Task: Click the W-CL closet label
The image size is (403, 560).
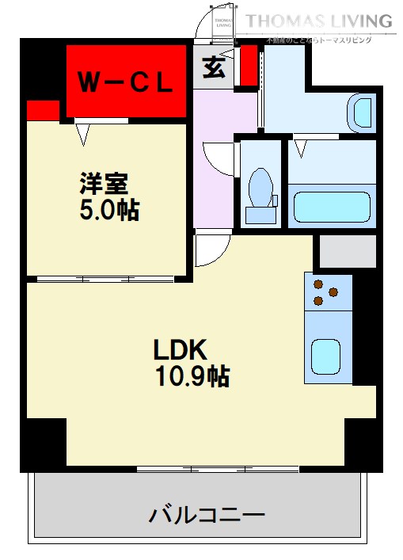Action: (x=125, y=82)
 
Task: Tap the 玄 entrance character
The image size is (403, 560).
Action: (x=213, y=68)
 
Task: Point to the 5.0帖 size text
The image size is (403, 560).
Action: (x=108, y=210)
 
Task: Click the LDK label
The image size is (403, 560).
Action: (x=180, y=349)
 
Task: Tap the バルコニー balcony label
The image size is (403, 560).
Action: (x=207, y=516)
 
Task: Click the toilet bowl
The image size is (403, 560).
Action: (x=259, y=187)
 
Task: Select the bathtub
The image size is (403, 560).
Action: (x=332, y=207)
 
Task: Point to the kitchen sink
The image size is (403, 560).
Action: (x=325, y=356)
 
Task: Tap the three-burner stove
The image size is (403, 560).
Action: (x=328, y=291)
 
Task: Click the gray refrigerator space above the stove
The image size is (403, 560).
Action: (x=347, y=251)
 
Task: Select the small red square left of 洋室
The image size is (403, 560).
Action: (x=42, y=110)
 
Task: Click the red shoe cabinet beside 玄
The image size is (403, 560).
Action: (x=249, y=67)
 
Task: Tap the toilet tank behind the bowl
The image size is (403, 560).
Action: (x=259, y=214)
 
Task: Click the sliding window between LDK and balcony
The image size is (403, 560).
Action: (x=202, y=470)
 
